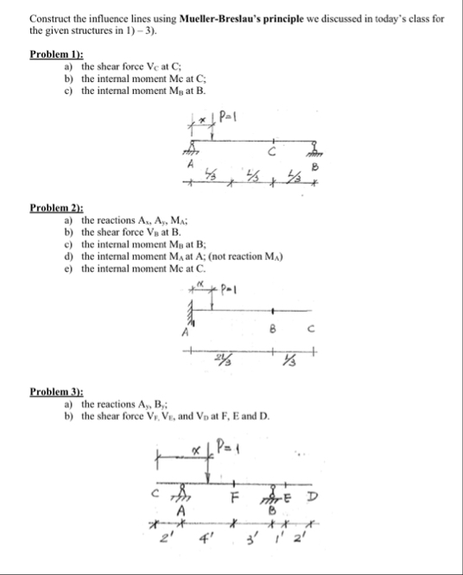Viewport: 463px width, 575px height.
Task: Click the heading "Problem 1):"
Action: [54, 54]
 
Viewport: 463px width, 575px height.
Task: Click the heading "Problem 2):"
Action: [54, 208]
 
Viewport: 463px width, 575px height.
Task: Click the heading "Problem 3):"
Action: [54, 391]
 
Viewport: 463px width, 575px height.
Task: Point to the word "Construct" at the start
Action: [50, 17]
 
